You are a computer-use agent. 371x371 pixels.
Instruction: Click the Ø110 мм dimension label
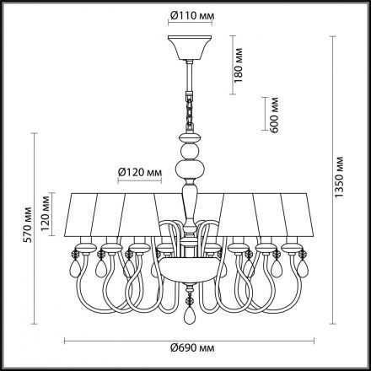click(192, 16)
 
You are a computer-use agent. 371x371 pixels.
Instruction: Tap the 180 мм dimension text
click(238, 65)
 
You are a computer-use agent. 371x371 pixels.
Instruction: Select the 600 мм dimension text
click(273, 115)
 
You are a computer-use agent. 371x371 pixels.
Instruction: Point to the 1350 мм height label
click(339, 177)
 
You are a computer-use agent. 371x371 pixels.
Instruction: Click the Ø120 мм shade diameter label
click(140, 172)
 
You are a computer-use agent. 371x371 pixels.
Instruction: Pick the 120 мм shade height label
click(45, 212)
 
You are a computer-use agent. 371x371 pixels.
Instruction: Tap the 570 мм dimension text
click(27, 225)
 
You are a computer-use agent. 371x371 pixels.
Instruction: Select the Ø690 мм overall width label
click(192, 348)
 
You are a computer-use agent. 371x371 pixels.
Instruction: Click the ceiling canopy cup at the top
click(189, 47)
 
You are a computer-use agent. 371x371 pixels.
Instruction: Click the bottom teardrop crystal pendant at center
click(189, 315)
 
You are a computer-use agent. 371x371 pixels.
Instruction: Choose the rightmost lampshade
click(298, 215)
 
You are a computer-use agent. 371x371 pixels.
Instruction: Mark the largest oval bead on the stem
click(190, 169)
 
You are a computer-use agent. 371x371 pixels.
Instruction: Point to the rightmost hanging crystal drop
click(303, 265)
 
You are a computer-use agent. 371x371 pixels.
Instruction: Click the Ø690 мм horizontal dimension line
click(189, 341)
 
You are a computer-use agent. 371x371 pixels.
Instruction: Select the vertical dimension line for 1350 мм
click(333, 180)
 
